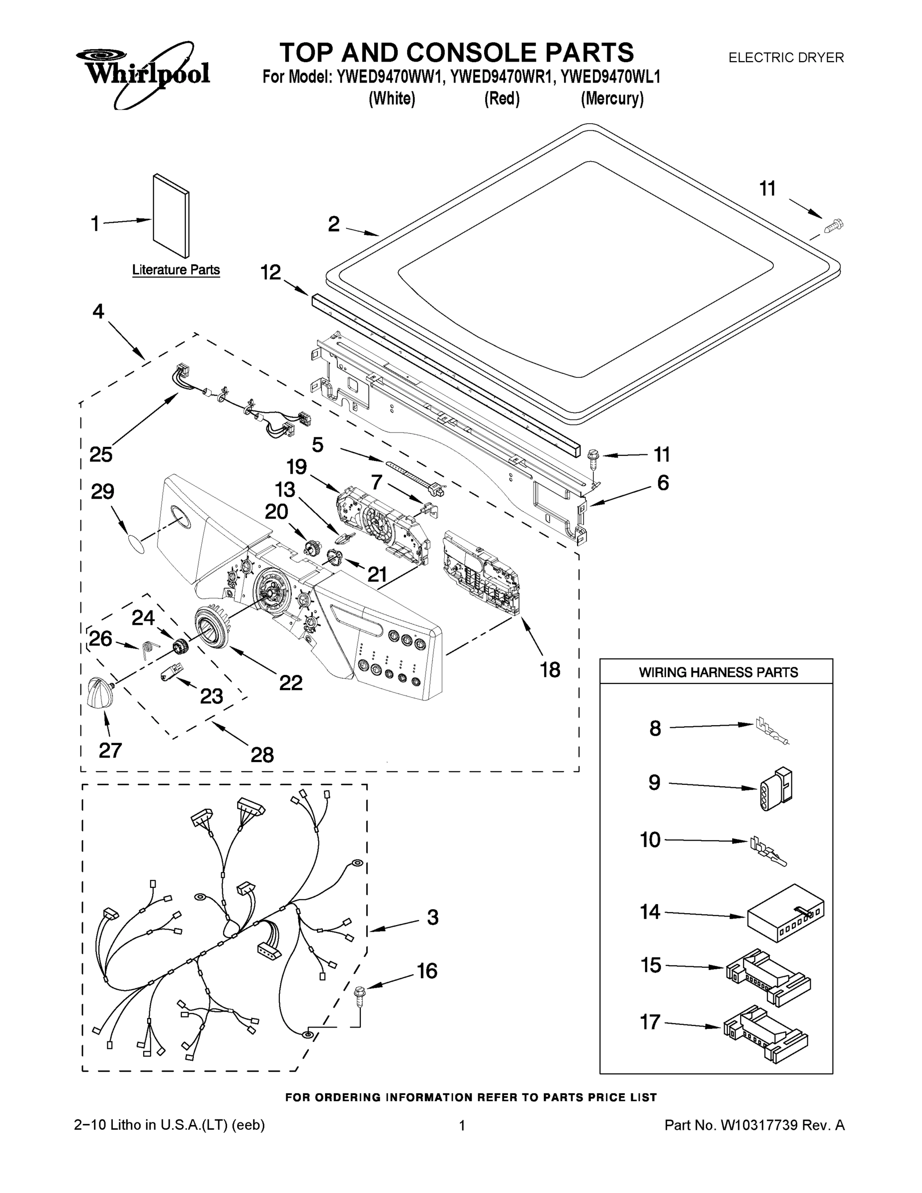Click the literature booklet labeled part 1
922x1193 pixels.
pos(171,216)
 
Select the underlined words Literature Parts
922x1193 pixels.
pos(176,270)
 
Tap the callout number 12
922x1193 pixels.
pos(270,272)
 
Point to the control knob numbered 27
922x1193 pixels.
pos(100,692)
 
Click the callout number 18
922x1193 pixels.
pos(550,670)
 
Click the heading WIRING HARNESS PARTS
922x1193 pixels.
pos(718,673)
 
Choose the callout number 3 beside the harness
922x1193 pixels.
pos(432,918)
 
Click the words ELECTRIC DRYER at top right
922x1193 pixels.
pos(786,57)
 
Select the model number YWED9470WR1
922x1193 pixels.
pos(501,77)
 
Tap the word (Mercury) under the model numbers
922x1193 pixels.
pos(612,99)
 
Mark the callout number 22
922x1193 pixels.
pos(291,682)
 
